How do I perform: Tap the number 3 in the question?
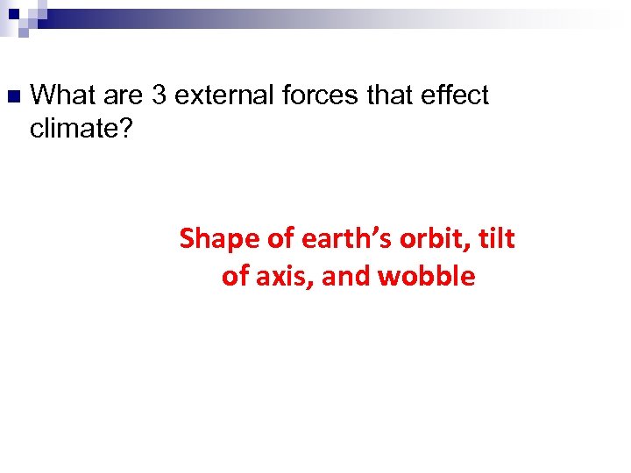159,95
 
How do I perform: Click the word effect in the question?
453,95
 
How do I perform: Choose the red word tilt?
496,238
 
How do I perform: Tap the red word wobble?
427,277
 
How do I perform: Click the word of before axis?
236,277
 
